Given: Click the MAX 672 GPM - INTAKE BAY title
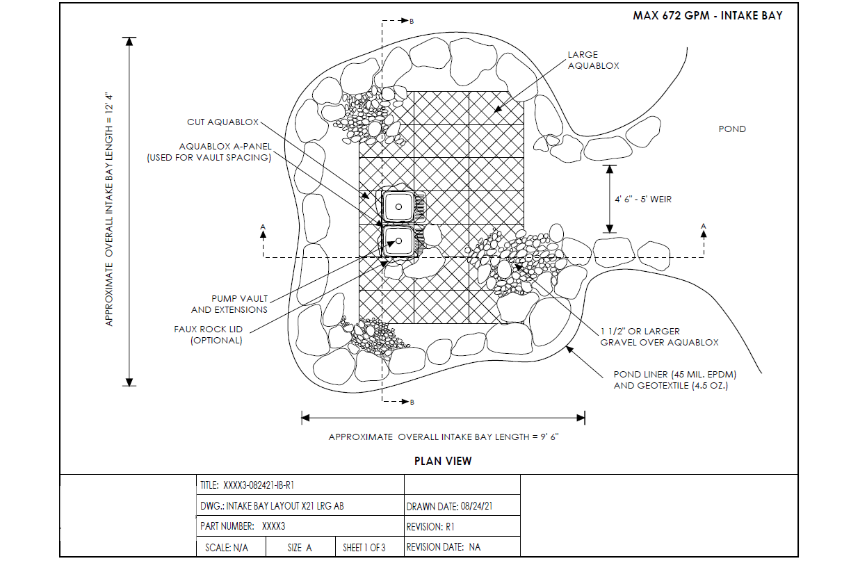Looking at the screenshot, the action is click(707, 15).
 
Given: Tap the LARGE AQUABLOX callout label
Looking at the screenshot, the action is click(593, 60).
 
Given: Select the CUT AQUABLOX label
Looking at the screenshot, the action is click(222, 122).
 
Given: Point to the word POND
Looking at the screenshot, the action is click(732, 129).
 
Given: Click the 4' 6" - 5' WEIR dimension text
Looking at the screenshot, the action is click(643, 199).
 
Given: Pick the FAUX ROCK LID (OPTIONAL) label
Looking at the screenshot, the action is click(208, 334).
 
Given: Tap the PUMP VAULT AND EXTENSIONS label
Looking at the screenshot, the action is click(229, 304).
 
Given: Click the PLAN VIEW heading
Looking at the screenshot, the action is click(443, 461).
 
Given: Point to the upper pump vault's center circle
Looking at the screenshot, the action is click(398, 206).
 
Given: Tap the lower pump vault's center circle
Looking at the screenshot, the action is click(398, 241).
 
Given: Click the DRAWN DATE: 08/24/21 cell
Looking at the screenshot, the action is click(462, 505).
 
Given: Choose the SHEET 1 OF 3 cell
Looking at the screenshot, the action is click(370, 546).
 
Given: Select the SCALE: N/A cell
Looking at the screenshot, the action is click(231, 546).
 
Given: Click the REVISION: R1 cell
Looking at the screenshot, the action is click(462, 526).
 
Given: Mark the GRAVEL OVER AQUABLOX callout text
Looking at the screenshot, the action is click(659, 337).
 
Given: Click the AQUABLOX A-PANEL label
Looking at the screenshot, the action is click(209, 152).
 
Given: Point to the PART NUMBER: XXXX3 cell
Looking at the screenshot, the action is click(300, 526).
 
